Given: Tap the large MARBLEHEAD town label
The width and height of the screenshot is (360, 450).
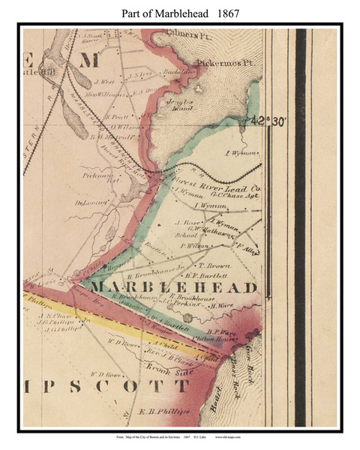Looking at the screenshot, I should (174, 288).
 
